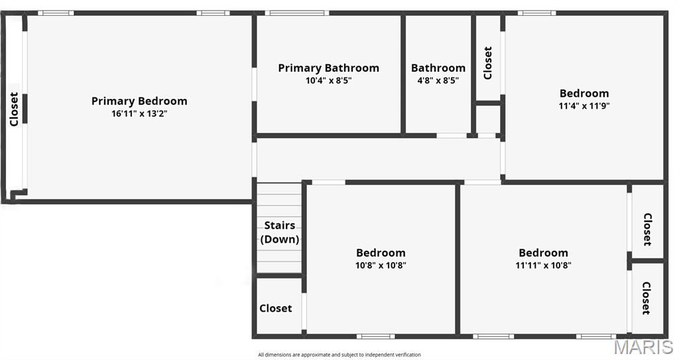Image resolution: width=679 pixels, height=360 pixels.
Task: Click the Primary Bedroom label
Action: [x=139, y=101]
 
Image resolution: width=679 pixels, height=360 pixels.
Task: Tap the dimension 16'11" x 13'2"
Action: [x=139, y=114]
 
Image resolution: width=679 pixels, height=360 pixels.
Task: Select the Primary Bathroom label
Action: [x=328, y=68]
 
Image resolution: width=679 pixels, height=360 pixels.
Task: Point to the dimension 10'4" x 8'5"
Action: [x=329, y=80]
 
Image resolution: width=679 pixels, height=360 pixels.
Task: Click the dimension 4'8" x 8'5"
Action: [x=438, y=80]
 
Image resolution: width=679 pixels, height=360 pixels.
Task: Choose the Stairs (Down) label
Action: [x=280, y=232]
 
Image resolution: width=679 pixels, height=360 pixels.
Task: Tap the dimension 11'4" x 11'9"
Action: [x=584, y=105]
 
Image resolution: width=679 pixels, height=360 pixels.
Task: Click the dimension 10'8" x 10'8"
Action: [x=381, y=265]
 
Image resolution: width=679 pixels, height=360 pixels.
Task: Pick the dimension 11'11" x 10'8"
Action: [x=543, y=265]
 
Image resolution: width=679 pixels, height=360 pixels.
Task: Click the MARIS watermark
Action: [x=643, y=347]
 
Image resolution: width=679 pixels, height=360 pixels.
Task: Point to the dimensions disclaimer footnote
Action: [x=339, y=355]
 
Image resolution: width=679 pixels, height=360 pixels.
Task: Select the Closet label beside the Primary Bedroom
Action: [x=14, y=109]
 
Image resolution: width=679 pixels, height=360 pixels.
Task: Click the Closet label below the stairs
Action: [x=275, y=308]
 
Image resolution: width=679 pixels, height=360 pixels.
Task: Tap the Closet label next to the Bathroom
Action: [x=487, y=63]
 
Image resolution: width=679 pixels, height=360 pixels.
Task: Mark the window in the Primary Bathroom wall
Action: [x=296, y=13]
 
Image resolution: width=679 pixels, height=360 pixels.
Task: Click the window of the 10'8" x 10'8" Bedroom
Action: [x=375, y=336]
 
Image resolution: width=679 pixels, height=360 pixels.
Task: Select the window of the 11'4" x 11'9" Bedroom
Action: [x=537, y=13]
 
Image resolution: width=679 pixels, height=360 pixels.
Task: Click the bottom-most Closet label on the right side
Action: [x=646, y=298]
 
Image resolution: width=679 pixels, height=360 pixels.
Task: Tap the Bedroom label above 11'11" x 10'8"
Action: [x=543, y=253]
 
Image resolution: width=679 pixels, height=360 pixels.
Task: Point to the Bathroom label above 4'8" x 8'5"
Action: [x=438, y=68]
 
